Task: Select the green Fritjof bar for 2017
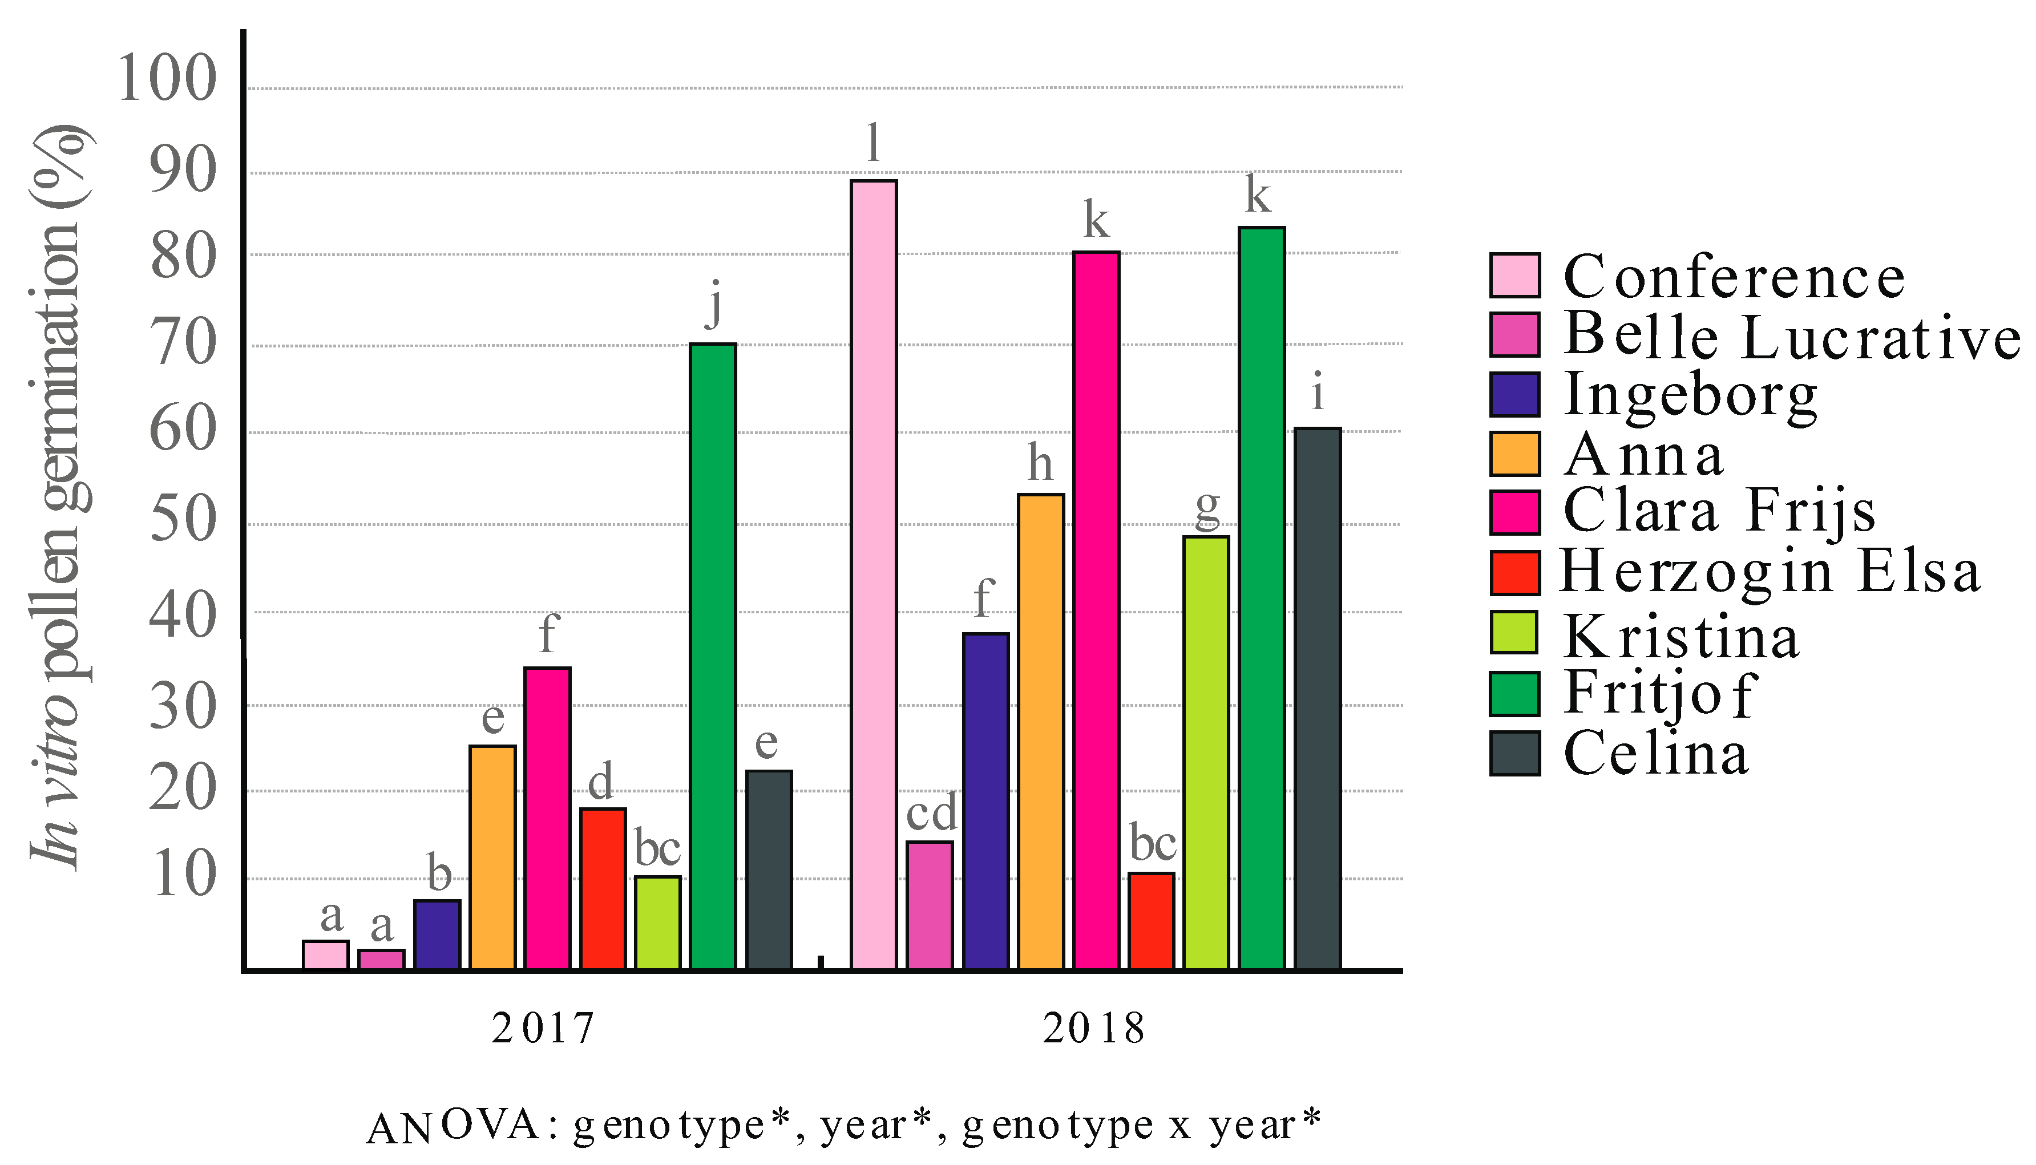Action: pyautogui.click(x=713, y=656)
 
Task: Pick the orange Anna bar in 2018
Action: pyautogui.click(x=1040, y=731)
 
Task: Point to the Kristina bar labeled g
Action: pyautogui.click(x=1206, y=752)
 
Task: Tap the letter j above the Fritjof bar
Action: pyautogui.click(x=713, y=304)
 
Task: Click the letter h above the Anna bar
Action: pyautogui.click(x=1040, y=463)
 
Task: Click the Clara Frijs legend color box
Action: pyautogui.click(x=1514, y=512)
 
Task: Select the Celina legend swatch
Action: pyautogui.click(x=1514, y=753)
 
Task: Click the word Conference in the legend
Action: pyautogui.click(x=1734, y=277)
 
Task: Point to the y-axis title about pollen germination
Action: pyautogui.click(x=60, y=496)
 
